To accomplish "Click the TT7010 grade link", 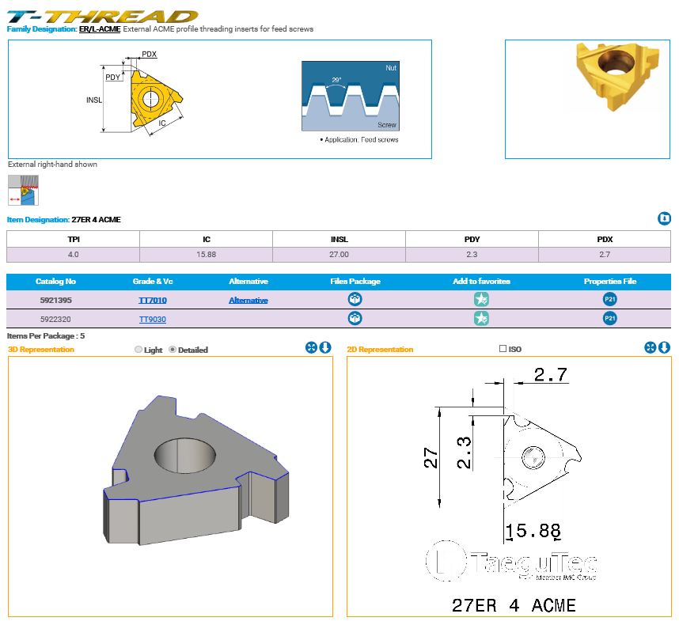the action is (153, 301).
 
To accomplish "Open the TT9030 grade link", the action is (153, 320).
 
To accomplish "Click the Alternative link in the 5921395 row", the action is (248, 301).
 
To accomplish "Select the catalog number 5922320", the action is (55, 320).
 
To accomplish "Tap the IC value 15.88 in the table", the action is (206, 255).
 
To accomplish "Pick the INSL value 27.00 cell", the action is (339, 255).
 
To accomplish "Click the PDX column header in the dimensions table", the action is (605, 240).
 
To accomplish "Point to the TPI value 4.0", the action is (73, 255).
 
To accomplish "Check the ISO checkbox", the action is (503, 348).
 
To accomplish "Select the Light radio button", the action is (138, 350).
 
